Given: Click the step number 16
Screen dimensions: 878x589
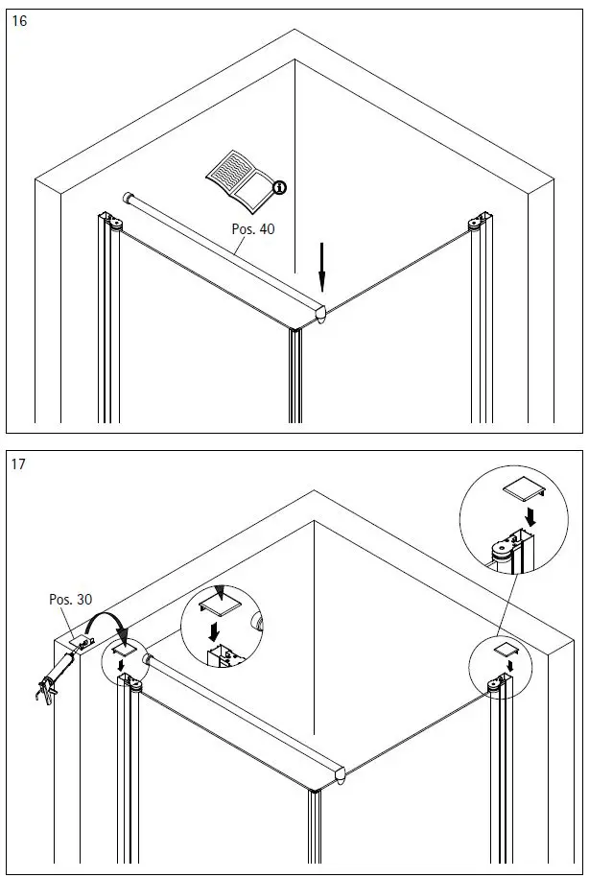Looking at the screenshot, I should [x=19, y=21].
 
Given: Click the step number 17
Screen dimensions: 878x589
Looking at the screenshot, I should [x=19, y=464].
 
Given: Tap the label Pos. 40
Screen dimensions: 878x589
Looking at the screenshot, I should [x=253, y=229].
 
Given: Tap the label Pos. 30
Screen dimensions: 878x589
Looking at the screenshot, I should [x=70, y=599].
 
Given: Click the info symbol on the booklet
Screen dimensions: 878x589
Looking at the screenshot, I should [x=280, y=187].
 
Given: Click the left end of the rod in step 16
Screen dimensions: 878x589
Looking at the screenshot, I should [x=128, y=198].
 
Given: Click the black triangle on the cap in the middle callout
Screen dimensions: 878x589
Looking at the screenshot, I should [x=221, y=592].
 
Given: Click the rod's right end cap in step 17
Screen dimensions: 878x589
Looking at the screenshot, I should [x=342, y=774].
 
